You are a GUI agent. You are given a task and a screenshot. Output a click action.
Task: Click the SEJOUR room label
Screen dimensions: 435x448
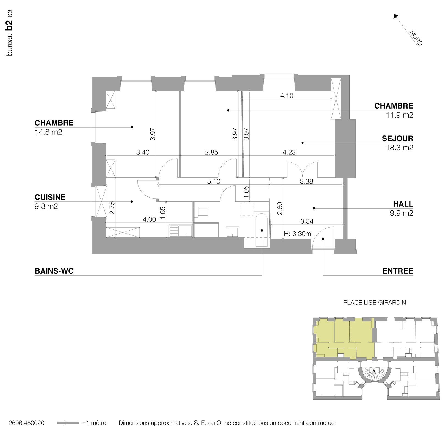coord(397,138)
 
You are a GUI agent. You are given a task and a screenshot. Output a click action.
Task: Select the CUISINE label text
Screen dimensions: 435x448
coord(50,197)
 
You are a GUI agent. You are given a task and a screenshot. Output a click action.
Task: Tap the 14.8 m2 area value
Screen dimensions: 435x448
coord(48,132)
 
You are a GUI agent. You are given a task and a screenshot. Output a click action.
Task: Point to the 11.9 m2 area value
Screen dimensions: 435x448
coord(399,115)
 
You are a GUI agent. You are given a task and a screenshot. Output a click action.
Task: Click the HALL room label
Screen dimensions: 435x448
coord(403,204)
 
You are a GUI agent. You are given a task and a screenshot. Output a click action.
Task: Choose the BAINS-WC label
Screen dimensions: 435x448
coord(54,271)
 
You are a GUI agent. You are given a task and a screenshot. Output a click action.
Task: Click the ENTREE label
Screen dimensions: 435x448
coord(398,271)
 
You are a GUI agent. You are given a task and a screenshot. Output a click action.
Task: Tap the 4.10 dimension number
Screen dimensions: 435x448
coord(287,96)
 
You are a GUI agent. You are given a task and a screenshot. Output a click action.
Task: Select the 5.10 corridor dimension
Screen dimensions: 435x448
coord(214,181)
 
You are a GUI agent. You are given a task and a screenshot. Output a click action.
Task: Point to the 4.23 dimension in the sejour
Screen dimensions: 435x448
coord(289,152)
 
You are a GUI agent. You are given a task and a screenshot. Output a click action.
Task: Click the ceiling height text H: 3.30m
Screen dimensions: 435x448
coord(297,234)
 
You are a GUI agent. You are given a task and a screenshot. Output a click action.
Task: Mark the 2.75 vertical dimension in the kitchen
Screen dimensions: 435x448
coord(112,208)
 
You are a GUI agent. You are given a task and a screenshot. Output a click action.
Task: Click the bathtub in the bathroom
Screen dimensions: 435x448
coord(261,230)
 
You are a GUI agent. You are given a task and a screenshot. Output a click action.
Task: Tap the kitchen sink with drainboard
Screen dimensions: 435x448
coord(180,231)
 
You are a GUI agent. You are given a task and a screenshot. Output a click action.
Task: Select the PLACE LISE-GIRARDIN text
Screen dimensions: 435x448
coord(374,303)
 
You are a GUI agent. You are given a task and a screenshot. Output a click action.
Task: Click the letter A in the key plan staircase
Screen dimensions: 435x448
coord(374,370)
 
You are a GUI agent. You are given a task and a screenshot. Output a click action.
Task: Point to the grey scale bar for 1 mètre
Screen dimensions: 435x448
coord(68,423)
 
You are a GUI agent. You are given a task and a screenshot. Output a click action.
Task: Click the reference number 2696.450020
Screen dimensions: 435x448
coord(26,423)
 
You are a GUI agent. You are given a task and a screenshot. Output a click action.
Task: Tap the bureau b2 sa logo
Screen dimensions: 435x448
coord(9,33)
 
